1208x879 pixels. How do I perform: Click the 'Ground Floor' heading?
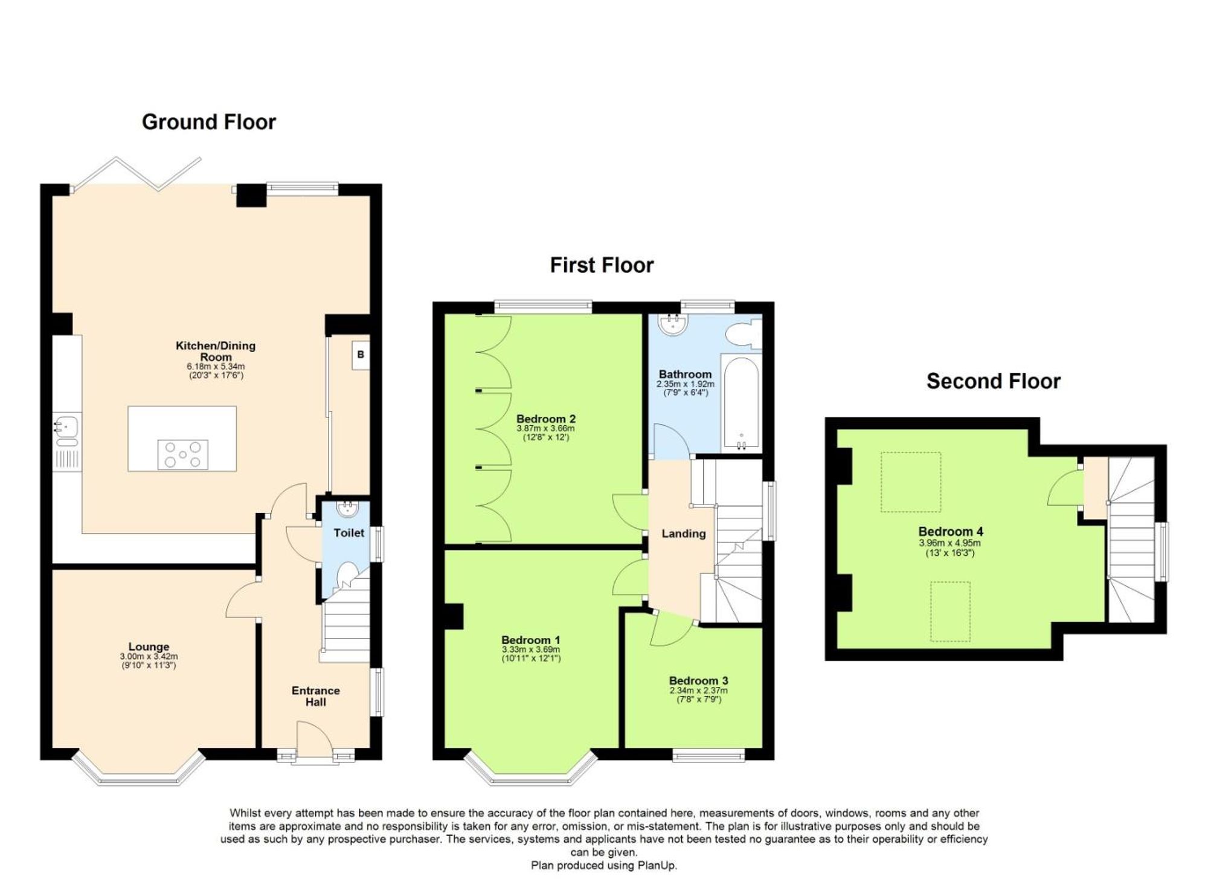tap(209, 122)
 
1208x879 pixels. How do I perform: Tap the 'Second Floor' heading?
tap(994, 381)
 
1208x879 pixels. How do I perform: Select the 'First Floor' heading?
tap(602, 265)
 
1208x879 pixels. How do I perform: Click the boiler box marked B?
tap(361, 355)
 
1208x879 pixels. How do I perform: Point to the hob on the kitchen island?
tap(182, 454)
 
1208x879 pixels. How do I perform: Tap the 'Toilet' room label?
tap(349, 533)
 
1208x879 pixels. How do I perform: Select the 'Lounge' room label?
tap(149, 646)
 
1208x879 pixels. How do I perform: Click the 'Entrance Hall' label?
tap(316, 696)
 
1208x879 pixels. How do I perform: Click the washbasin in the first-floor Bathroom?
tap(674, 324)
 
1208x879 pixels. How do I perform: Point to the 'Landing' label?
tap(684, 533)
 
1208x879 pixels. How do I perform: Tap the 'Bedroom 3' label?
tap(698, 681)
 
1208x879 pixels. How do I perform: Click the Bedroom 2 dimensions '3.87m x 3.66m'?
tap(545, 428)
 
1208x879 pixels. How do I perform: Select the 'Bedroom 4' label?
tap(951, 532)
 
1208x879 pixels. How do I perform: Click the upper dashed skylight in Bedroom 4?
tap(911, 482)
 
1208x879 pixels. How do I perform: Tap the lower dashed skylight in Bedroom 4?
tap(950, 611)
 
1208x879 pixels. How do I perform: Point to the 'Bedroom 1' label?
tap(531, 640)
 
